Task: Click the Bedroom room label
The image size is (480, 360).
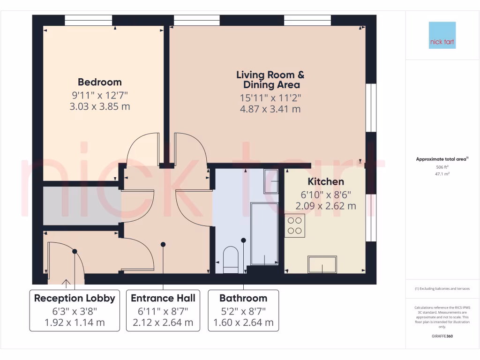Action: click(99, 82)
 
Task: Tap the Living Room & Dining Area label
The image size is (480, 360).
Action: click(271, 80)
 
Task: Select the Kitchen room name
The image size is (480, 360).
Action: click(325, 181)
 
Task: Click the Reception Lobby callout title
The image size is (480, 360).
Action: click(75, 298)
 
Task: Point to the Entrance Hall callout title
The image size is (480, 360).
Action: click(163, 298)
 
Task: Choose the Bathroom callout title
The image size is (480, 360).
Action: click(243, 298)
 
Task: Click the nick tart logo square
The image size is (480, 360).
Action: click(442, 35)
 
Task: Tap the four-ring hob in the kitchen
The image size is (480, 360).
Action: click(295, 225)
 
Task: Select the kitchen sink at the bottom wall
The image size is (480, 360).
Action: click(322, 264)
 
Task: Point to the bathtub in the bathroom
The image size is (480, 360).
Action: click(264, 234)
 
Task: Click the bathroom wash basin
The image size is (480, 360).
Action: click(271, 181)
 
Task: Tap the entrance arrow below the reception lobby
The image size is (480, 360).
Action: click(66, 283)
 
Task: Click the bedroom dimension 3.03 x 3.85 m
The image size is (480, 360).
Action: click(99, 106)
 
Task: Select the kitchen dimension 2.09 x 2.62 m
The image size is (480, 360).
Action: click(325, 206)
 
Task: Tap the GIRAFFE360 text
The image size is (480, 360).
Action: click(442, 336)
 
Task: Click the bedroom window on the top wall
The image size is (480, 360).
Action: click(89, 20)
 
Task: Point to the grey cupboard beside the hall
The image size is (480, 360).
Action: click(81, 206)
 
